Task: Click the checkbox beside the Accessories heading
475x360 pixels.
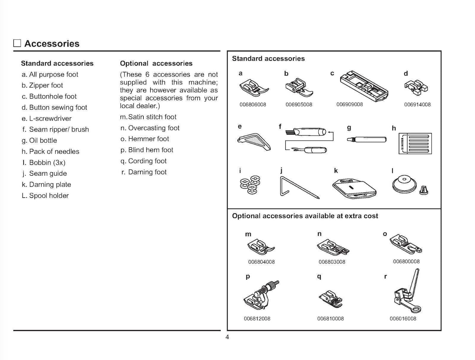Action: pyautogui.click(x=17, y=43)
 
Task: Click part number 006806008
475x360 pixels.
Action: pyautogui.click(x=253, y=104)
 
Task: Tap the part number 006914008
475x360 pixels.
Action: pyautogui.click(x=417, y=104)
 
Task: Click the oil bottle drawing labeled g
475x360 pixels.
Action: pyautogui.click(x=366, y=139)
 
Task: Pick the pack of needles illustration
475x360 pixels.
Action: pyautogui.click(x=415, y=143)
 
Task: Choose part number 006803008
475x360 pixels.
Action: pyautogui.click(x=332, y=262)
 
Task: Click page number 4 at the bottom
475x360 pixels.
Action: pyautogui.click(x=227, y=337)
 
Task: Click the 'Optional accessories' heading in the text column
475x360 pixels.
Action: pyautogui.click(x=156, y=64)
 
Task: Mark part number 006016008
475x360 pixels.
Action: pyautogui.click(x=403, y=319)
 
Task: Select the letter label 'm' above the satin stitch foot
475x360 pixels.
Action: pyautogui.click(x=248, y=234)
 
